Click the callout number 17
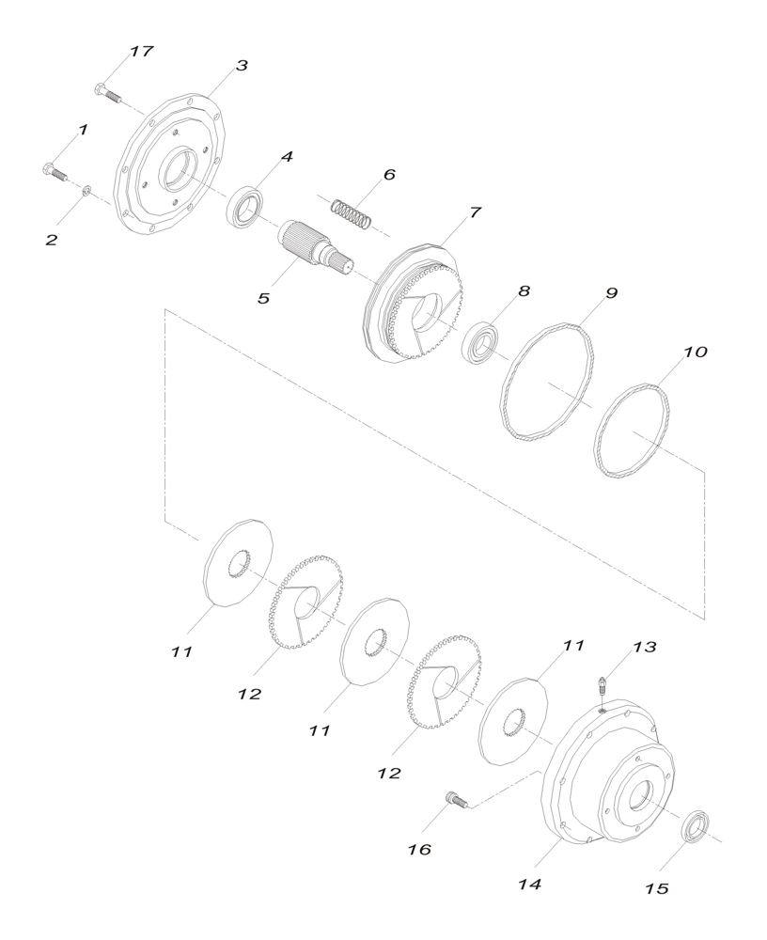point(141,51)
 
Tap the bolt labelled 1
point(53,172)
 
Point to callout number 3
point(242,67)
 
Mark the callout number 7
point(475,212)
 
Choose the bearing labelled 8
point(482,339)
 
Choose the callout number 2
point(51,240)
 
